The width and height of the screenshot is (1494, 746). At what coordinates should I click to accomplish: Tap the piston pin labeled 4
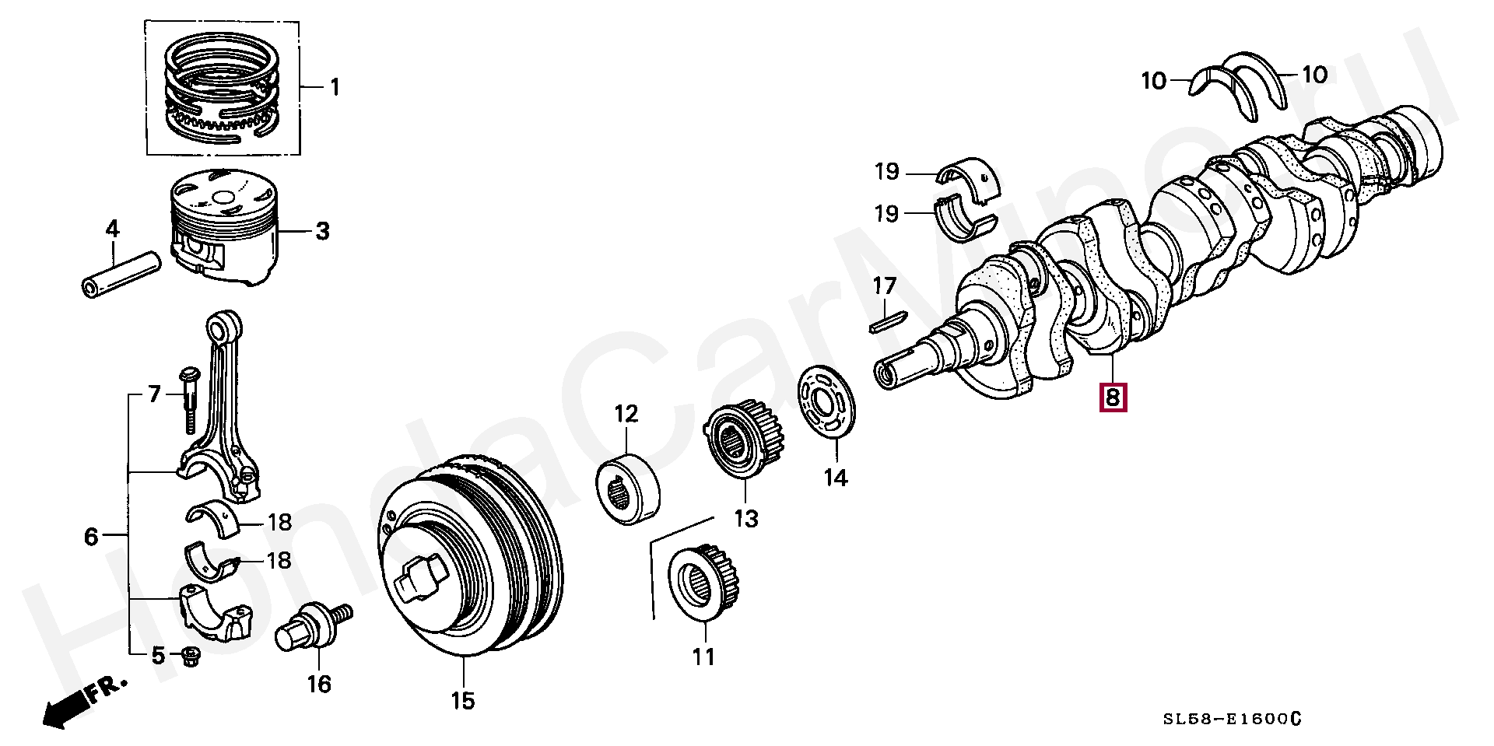121,273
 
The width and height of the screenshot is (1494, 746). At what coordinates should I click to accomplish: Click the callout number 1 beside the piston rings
335,87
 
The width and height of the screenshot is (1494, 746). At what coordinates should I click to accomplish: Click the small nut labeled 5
190,658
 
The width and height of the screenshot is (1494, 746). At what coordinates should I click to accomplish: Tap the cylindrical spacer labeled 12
628,489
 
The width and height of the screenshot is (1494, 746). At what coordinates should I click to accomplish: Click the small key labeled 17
888,321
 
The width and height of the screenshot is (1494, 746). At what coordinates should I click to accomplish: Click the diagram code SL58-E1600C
1231,719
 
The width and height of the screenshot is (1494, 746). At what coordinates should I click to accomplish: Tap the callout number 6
91,536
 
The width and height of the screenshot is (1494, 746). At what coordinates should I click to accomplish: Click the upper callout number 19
887,171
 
